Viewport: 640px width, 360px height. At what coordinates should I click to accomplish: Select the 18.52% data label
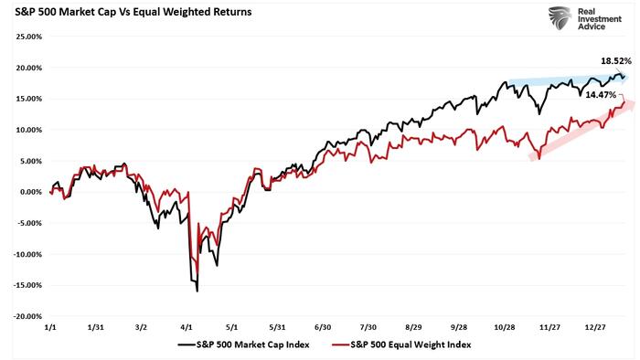pyautogui.click(x=614, y=60)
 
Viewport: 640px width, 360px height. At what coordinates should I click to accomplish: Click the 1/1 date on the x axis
pyautogui.click(x=50, y=326)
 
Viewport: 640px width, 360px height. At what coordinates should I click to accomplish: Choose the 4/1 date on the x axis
pyautogui.click(x=187, y=326)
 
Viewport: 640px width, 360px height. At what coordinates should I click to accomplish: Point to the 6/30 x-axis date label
pyautogui.click(x=324, y=326)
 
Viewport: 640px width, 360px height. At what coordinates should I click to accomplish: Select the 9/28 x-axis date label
pyautogui.click(x=461, y=326)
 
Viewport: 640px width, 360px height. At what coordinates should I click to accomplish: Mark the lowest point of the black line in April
pyautogui.click(x=197, y=291)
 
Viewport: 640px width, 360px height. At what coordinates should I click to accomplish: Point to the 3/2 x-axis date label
pyautogui.click(x=142, y=326)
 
